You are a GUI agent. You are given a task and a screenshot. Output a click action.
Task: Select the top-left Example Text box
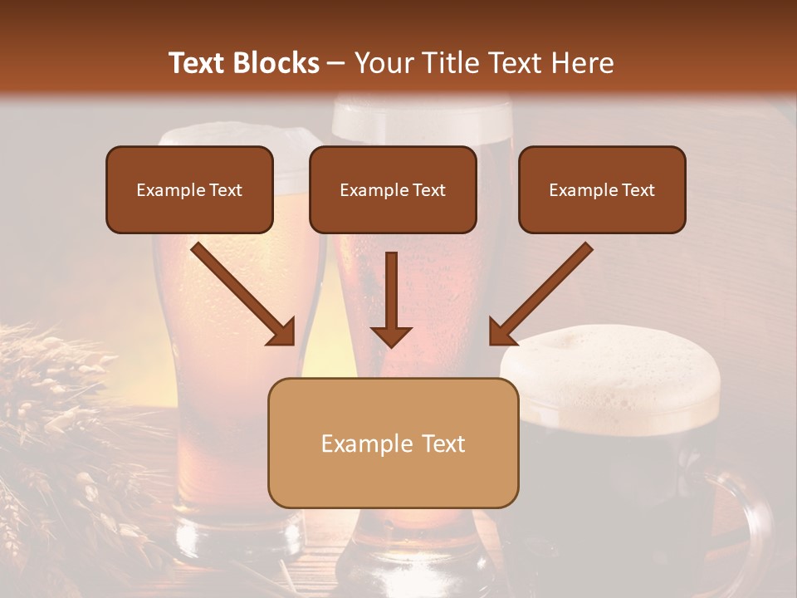click(189, 190)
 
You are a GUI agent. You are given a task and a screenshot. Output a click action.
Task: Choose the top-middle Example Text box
click(393, 190)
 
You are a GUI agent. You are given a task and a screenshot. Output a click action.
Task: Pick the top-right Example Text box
click(602, 190)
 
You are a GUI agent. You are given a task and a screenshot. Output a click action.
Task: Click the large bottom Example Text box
click(393, 444)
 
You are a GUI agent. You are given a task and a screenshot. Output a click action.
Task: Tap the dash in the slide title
click(336, 63)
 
